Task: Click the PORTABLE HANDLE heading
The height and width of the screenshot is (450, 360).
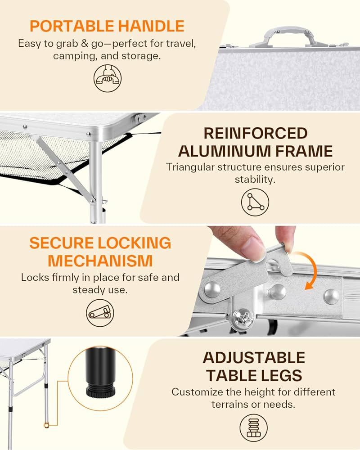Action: click(x=107, y=26)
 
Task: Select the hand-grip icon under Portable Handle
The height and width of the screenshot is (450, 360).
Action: click(x=107, y=78)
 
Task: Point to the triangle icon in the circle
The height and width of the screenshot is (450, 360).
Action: click(x=255, y=202)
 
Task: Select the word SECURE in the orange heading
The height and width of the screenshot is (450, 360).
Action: click(x=62, y=243)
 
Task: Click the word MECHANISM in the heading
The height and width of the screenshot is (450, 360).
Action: click(x=100, y=261)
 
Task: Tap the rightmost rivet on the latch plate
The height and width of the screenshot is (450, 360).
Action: click(x=331, y=296)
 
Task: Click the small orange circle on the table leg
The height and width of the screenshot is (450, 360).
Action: click(x=46, y=425)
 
